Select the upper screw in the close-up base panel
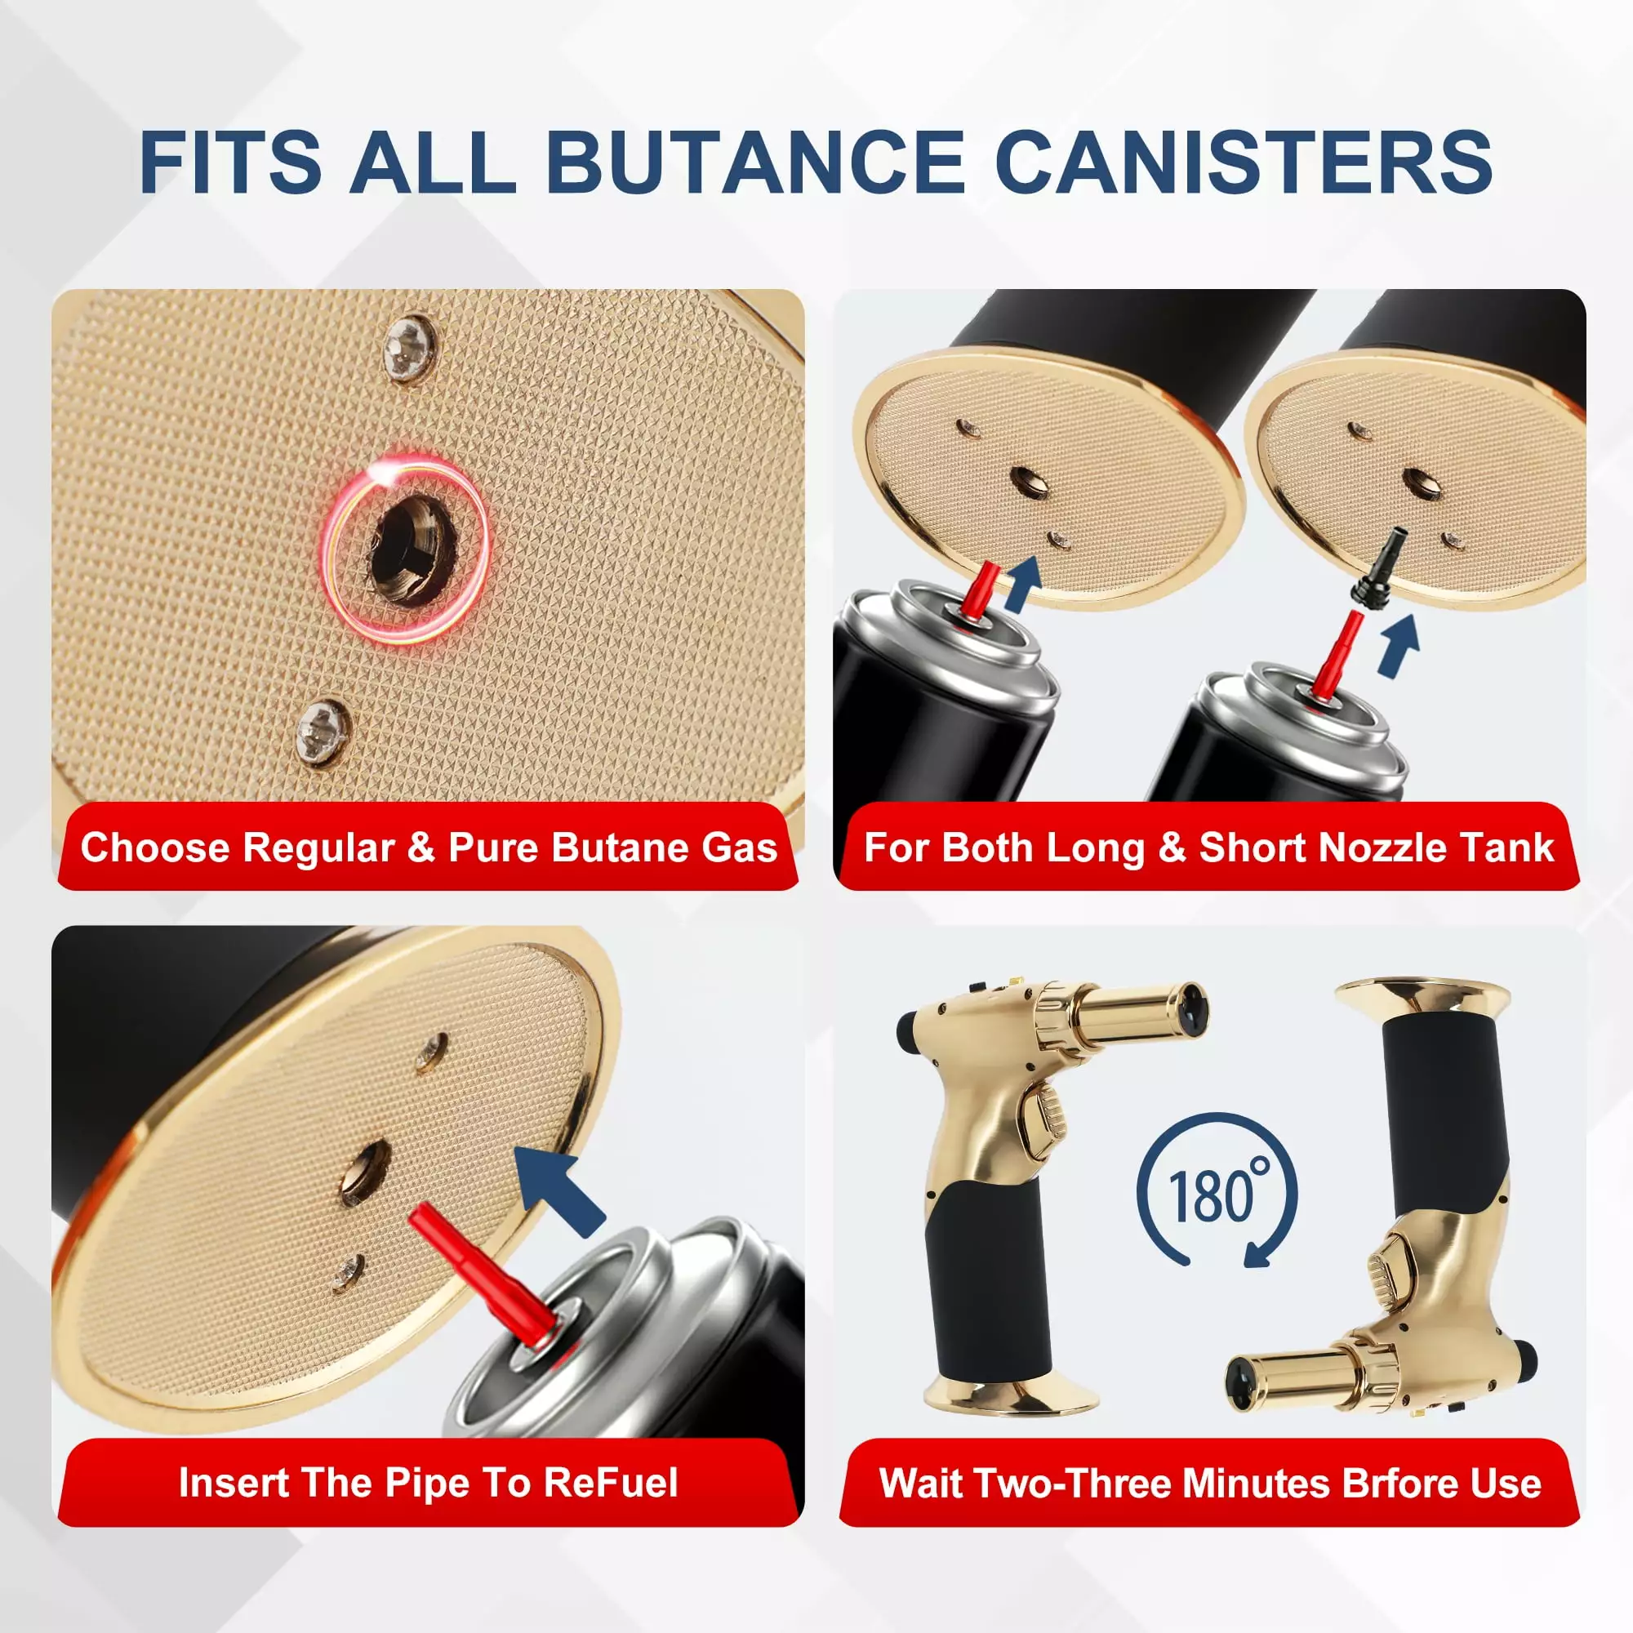(x=410, y=346)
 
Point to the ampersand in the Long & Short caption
(x=1173, y=848)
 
